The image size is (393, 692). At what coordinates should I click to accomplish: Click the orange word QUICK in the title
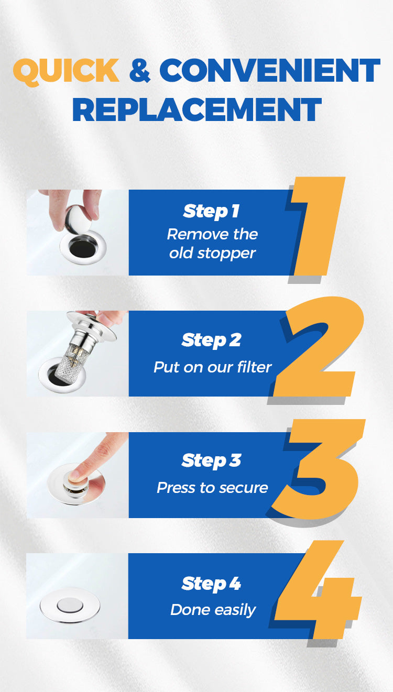[66, 72]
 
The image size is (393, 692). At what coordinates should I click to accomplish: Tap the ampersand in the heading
[140, 70]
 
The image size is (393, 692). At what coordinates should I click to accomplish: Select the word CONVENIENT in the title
[269, 70]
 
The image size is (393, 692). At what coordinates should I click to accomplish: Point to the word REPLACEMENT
[197, 109]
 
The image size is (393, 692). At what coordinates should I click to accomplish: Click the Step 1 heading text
[211, 212]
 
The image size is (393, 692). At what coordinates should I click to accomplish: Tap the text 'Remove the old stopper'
[212, 244]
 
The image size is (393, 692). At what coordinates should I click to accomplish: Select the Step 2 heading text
[211, 340]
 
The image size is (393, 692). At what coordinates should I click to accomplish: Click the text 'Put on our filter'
[213, 367]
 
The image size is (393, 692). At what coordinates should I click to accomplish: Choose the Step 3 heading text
[211, 461]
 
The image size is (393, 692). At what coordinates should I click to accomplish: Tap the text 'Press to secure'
[213, 488]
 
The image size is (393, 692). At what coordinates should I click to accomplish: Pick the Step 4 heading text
[211, 584]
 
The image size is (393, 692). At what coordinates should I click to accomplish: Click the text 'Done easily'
[213, 610]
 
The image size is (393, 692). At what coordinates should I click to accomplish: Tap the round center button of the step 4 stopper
[70, 605]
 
